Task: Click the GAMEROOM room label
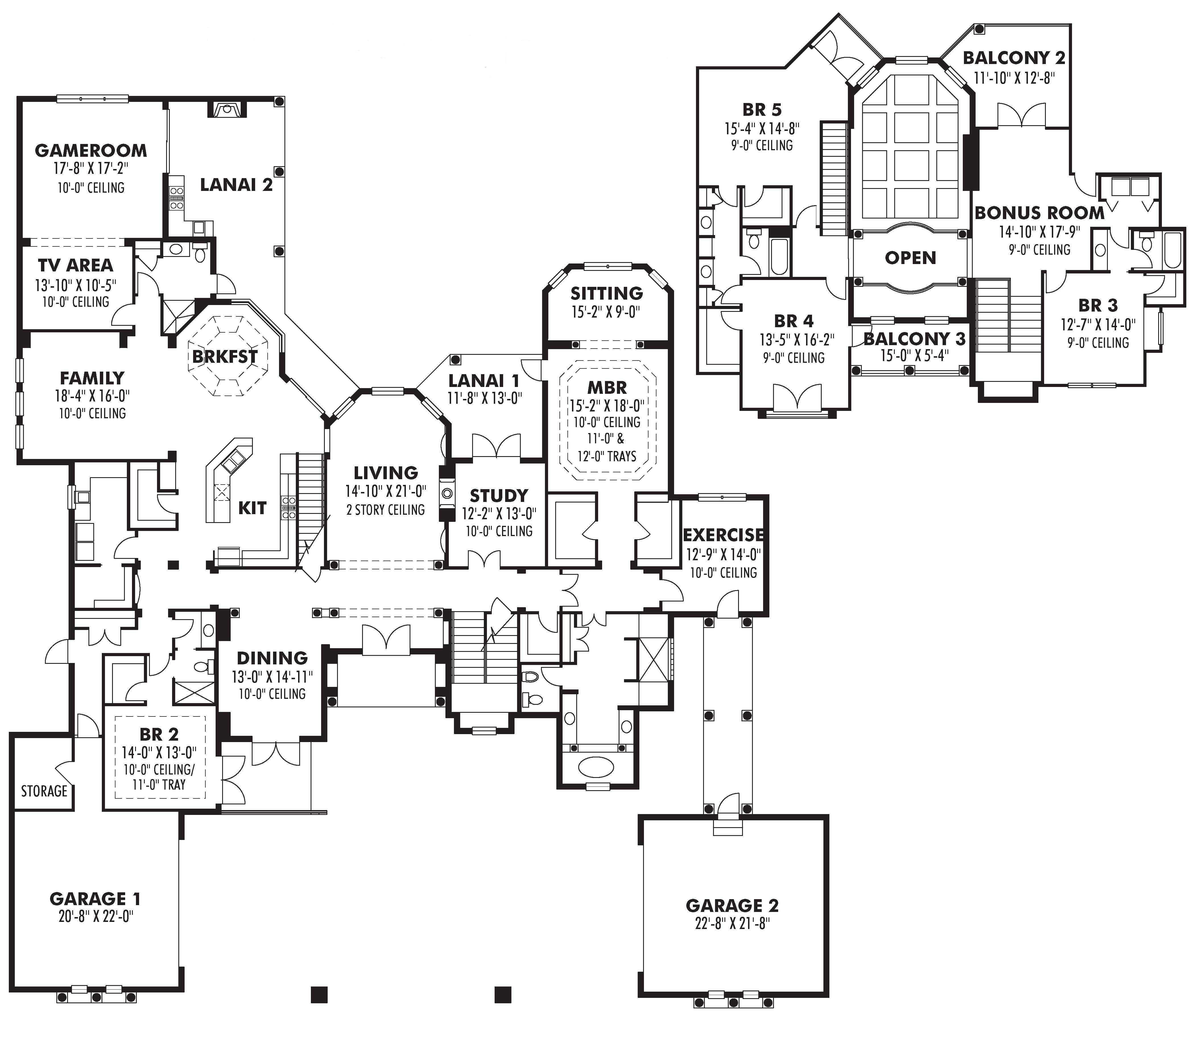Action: click(x=91, y=151)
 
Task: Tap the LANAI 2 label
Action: click(x=236, y=185)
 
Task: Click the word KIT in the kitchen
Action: click(x=253, y=508)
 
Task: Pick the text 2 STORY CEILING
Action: click(x=386, y=510)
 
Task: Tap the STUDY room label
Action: click(x=499, y=496)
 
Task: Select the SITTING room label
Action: click(x=606, y=293)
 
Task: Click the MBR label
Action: click(x=607, y=388)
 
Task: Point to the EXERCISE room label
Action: click(x=723, y=535)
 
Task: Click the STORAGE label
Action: click(x=44, y=791)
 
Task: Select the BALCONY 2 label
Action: click(x=1014, y=58)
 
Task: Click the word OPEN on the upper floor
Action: click(x=910, y=258)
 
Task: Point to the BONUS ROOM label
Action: click(x=1039, y=213)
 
